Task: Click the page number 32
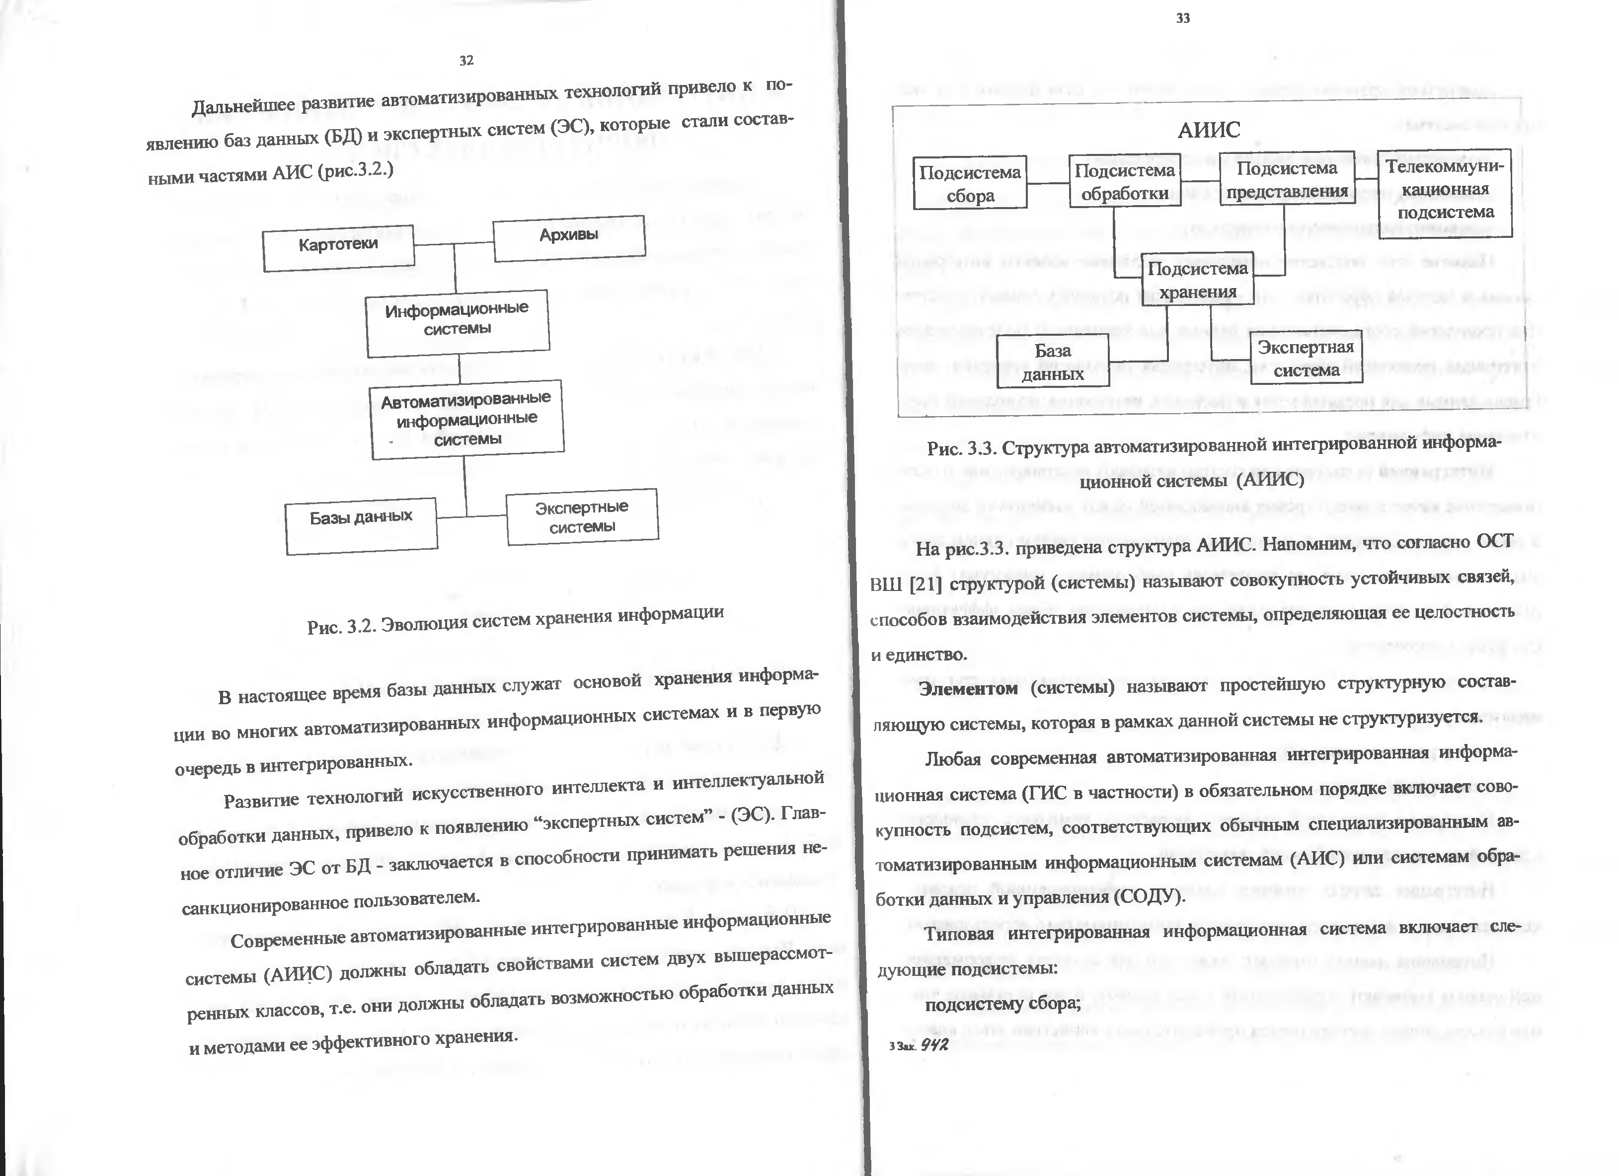pos(466,61)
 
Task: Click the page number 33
pos(1183,18)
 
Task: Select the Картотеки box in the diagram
pos(338,248)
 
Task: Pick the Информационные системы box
pos(458,322)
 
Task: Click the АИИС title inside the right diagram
pos(1209,130)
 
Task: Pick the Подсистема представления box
pos(1287,179)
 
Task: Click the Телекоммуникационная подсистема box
pos(1445,191)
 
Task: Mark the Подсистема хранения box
pos(1197,280)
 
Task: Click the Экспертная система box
pos(1306,358)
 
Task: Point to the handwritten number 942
pos(934,1045)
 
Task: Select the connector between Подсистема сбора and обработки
pos(1048,183)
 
